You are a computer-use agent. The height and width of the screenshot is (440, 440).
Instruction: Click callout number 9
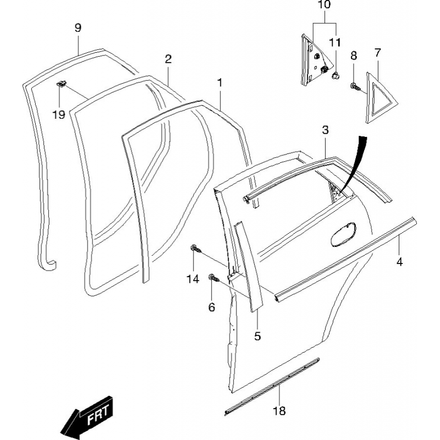coord(78,28)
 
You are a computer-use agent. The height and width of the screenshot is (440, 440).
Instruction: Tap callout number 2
coord(168,59)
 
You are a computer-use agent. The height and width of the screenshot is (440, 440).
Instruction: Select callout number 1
coord(219,83)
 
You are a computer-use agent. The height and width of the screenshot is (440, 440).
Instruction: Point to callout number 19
coord(59,114)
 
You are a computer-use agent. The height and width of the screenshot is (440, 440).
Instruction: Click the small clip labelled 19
coord(62,84)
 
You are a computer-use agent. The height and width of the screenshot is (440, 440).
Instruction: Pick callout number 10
coord(324,5)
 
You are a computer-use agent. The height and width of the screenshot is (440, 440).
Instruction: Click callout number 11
coord(335,43)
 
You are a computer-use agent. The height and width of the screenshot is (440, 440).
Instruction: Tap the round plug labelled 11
coord(335,76)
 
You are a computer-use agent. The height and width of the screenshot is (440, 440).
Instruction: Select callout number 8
coord(354,56)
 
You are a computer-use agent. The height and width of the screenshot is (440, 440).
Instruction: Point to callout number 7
coord(377,52)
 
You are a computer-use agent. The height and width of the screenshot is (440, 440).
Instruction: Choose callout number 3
coord(325,130)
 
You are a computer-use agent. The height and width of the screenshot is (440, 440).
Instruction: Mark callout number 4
coord(400,262)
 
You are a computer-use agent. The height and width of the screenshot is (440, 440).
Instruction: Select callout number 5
coord(257,336)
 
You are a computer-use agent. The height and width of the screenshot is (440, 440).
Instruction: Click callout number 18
coord(279,410)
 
